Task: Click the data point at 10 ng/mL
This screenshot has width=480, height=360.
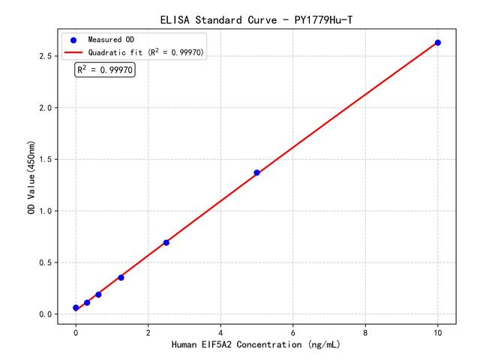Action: pos(438,43)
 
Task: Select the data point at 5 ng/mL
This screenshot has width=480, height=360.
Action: pos(256,172)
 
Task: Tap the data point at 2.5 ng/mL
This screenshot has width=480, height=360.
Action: pos(166,242)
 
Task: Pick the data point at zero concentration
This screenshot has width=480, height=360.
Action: pos(76,307)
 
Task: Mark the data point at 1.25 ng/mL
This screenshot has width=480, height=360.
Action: pos(121,277)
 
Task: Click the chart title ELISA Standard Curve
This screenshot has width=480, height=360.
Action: pos(256,18)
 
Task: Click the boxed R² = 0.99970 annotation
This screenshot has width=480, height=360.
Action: pos(105,70)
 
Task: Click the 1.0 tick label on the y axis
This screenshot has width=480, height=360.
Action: pos(44,211)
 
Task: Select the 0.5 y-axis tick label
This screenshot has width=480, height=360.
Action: pos(44,262)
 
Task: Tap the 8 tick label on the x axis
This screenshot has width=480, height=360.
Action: pos(365,331)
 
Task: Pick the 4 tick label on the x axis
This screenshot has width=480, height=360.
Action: pos(220,331)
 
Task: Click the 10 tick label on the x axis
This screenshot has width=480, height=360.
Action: pos(438,331)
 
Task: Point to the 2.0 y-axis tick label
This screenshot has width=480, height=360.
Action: pos(44,108)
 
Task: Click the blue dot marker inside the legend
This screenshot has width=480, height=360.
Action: pos(73,39)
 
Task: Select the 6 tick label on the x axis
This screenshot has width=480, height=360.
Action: pos(293,331)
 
